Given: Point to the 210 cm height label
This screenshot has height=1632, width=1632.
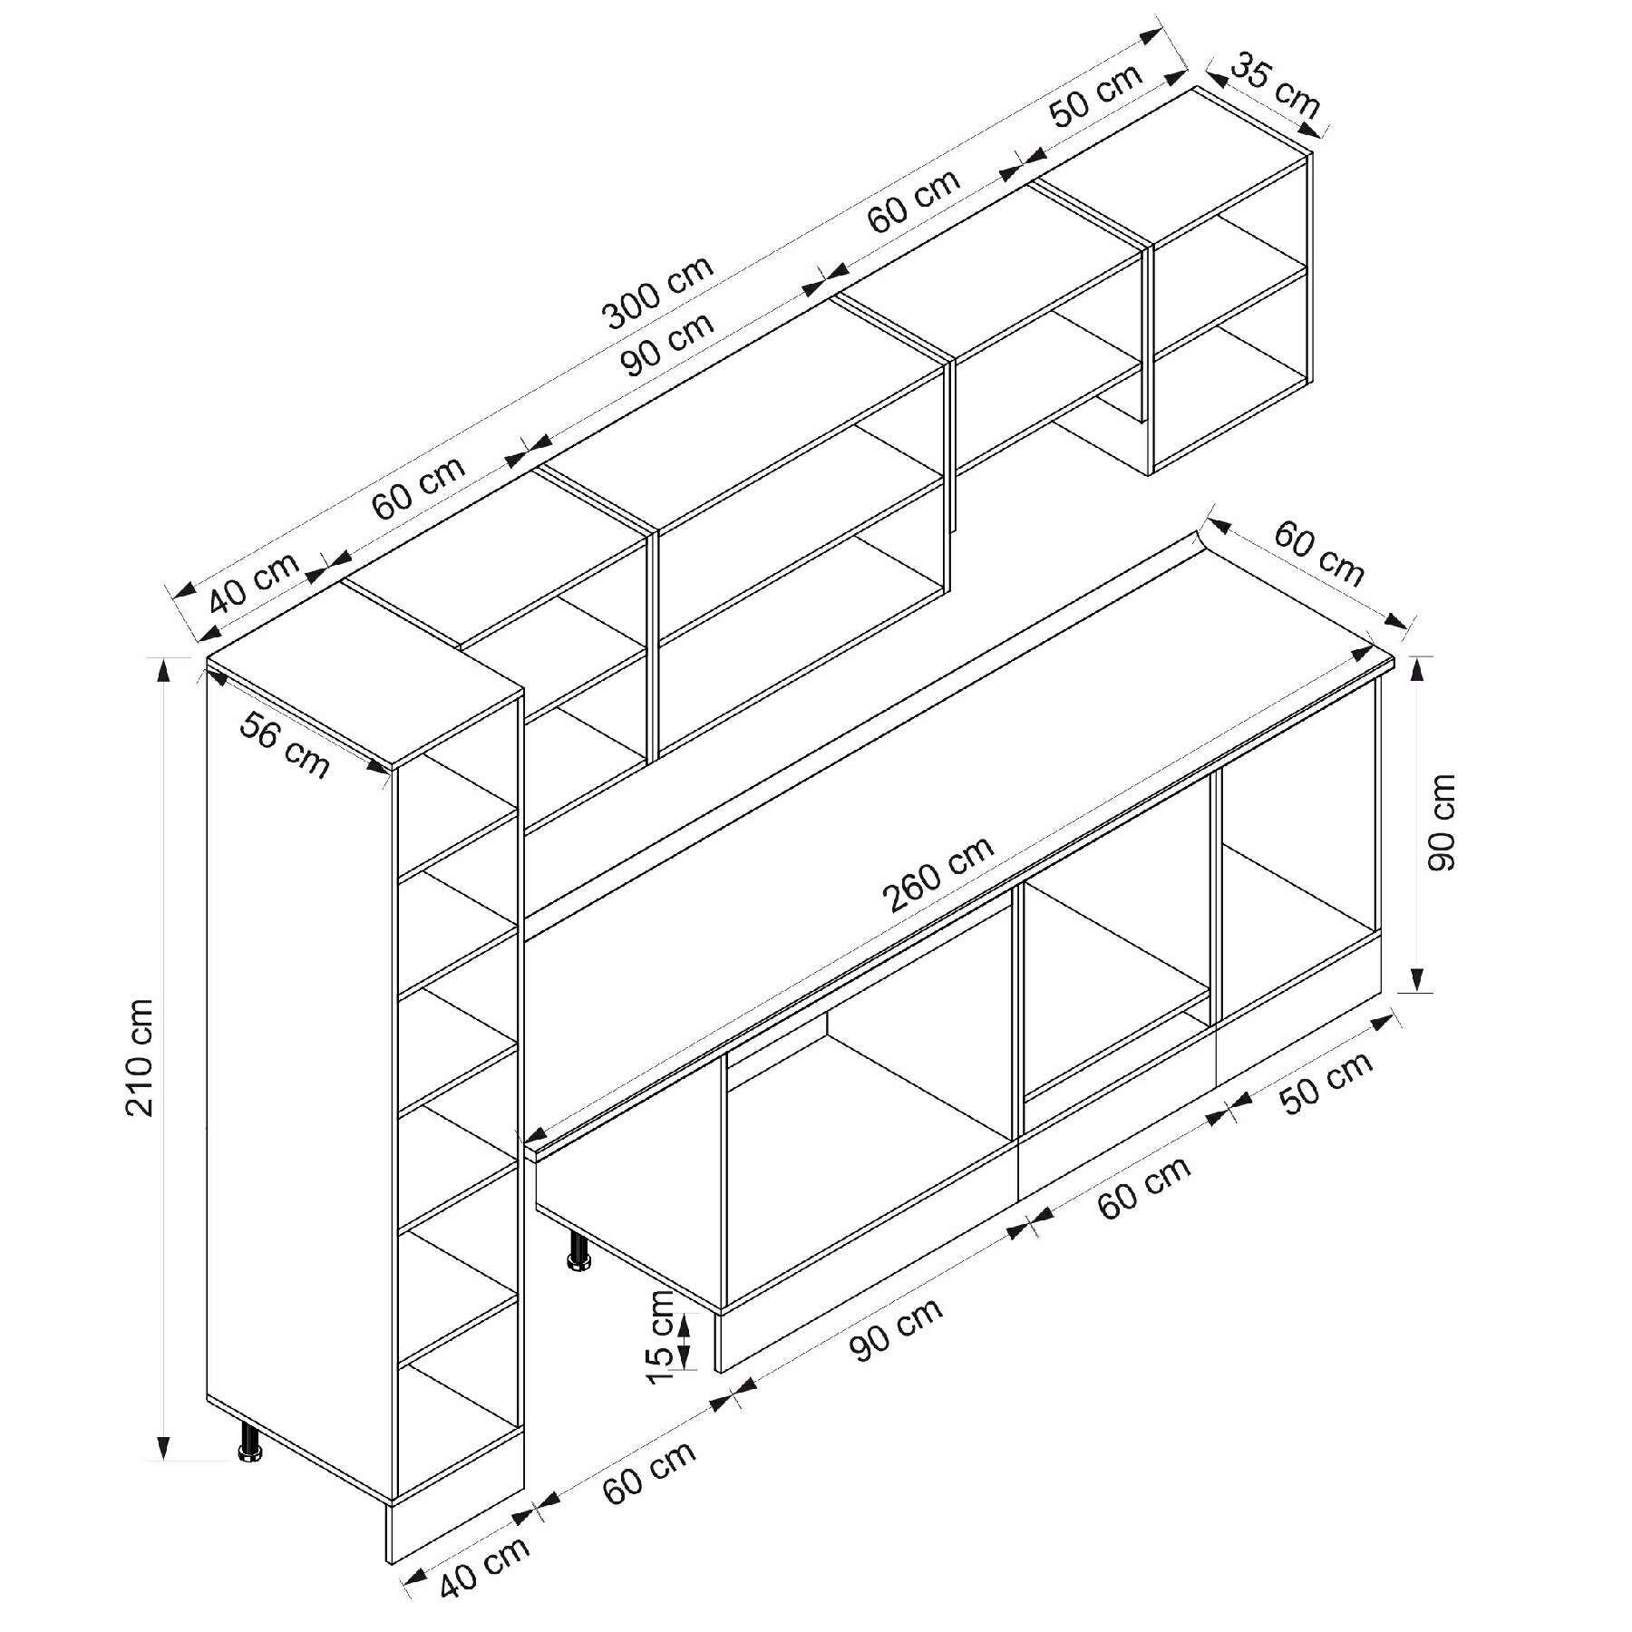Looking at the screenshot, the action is (142, 1056).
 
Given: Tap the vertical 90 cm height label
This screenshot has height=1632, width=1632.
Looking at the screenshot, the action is (1441, 822).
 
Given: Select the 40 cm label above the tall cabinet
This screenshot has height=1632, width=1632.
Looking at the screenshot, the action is (254, 583).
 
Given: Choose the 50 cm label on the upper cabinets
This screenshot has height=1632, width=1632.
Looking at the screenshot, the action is (1096, 94).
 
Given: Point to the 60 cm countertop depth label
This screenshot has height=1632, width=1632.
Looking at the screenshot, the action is (1319, 553).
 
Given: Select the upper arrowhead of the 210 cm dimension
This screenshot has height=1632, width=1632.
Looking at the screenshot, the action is (164, 667).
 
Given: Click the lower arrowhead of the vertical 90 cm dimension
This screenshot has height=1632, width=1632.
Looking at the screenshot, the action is (1419, 980).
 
